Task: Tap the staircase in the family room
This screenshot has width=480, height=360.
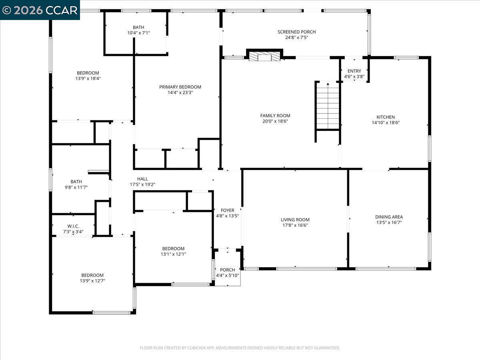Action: (328, 106)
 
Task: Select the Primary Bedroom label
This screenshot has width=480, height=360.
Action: (180, 87)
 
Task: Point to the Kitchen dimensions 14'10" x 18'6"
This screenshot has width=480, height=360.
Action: (386, 123)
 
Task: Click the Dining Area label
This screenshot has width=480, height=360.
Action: (389, 217)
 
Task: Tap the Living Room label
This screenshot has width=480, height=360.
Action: (295, 220)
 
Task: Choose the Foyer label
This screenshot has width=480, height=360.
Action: (228, 210)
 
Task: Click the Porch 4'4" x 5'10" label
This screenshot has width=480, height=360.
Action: (228, 272)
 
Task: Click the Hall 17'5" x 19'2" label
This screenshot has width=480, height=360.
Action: (142, 182)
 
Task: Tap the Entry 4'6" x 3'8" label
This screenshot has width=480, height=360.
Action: (354, 74)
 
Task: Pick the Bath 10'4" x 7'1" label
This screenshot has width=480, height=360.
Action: (138, 30)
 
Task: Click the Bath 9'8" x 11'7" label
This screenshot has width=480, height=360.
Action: (76, 184)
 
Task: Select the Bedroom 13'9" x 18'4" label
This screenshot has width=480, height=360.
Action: (88, 76)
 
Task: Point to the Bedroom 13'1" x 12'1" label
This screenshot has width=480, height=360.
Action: (173, 251)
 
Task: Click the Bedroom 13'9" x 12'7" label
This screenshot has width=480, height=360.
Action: (92, 278)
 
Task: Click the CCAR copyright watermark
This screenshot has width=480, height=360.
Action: (40, 10)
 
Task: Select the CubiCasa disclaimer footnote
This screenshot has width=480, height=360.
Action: (240, 348)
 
